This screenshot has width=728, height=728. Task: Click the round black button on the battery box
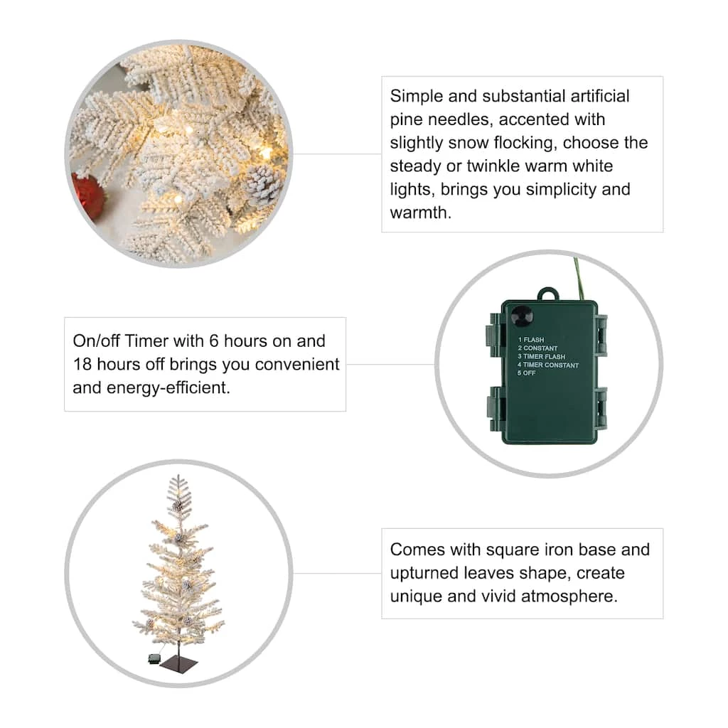(521, 316)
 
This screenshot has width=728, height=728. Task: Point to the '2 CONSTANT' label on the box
(537, 348)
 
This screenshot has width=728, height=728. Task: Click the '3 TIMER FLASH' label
(541, 357)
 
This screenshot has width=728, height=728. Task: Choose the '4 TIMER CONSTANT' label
(548, 365)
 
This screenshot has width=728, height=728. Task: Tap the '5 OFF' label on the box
(527, 373)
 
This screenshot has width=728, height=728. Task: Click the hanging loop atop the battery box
(548, 294)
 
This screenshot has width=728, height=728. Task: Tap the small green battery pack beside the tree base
(154, 658)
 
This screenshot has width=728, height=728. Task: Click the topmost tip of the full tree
(178, 475)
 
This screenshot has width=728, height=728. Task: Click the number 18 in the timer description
(82, 364)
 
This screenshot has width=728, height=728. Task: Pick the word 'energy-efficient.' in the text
(168, 387)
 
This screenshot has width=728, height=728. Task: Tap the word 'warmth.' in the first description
(421, 213)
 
